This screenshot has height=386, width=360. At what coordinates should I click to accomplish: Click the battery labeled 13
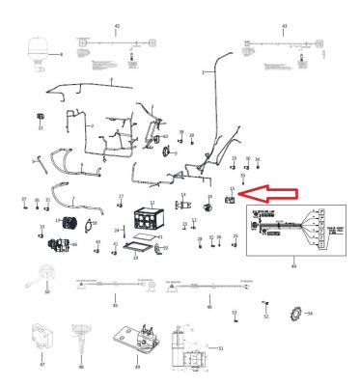[149, 216]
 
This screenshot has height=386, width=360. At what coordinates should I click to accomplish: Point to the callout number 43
[284, 24]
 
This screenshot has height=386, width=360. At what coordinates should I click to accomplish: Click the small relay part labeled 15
[230, 201]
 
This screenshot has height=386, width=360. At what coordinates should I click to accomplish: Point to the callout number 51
[221, 346]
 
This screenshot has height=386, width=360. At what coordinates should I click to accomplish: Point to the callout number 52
[265, 316]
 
